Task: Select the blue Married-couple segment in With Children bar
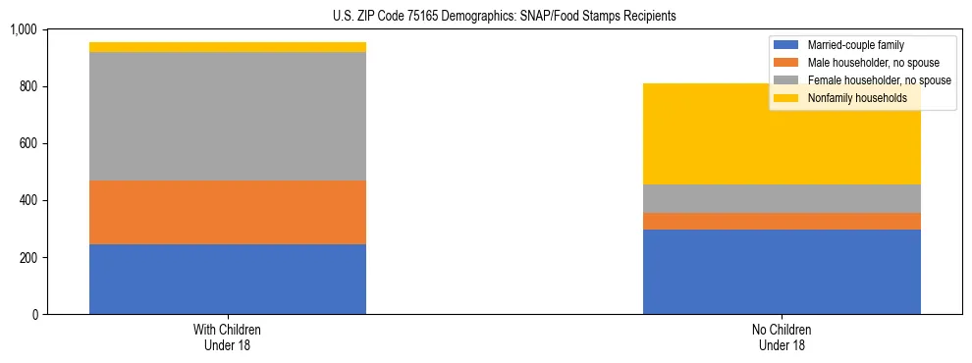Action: [228, 279]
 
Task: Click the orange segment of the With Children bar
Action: [228, 212]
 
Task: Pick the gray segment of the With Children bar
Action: [228, 116]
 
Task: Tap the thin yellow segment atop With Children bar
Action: [228, 47]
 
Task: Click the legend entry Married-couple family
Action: [855, 45]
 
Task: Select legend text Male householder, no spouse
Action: [873, 63]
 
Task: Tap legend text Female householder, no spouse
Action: [879, 80]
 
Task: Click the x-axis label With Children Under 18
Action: [228, 337]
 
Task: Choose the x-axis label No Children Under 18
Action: [782, 337]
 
